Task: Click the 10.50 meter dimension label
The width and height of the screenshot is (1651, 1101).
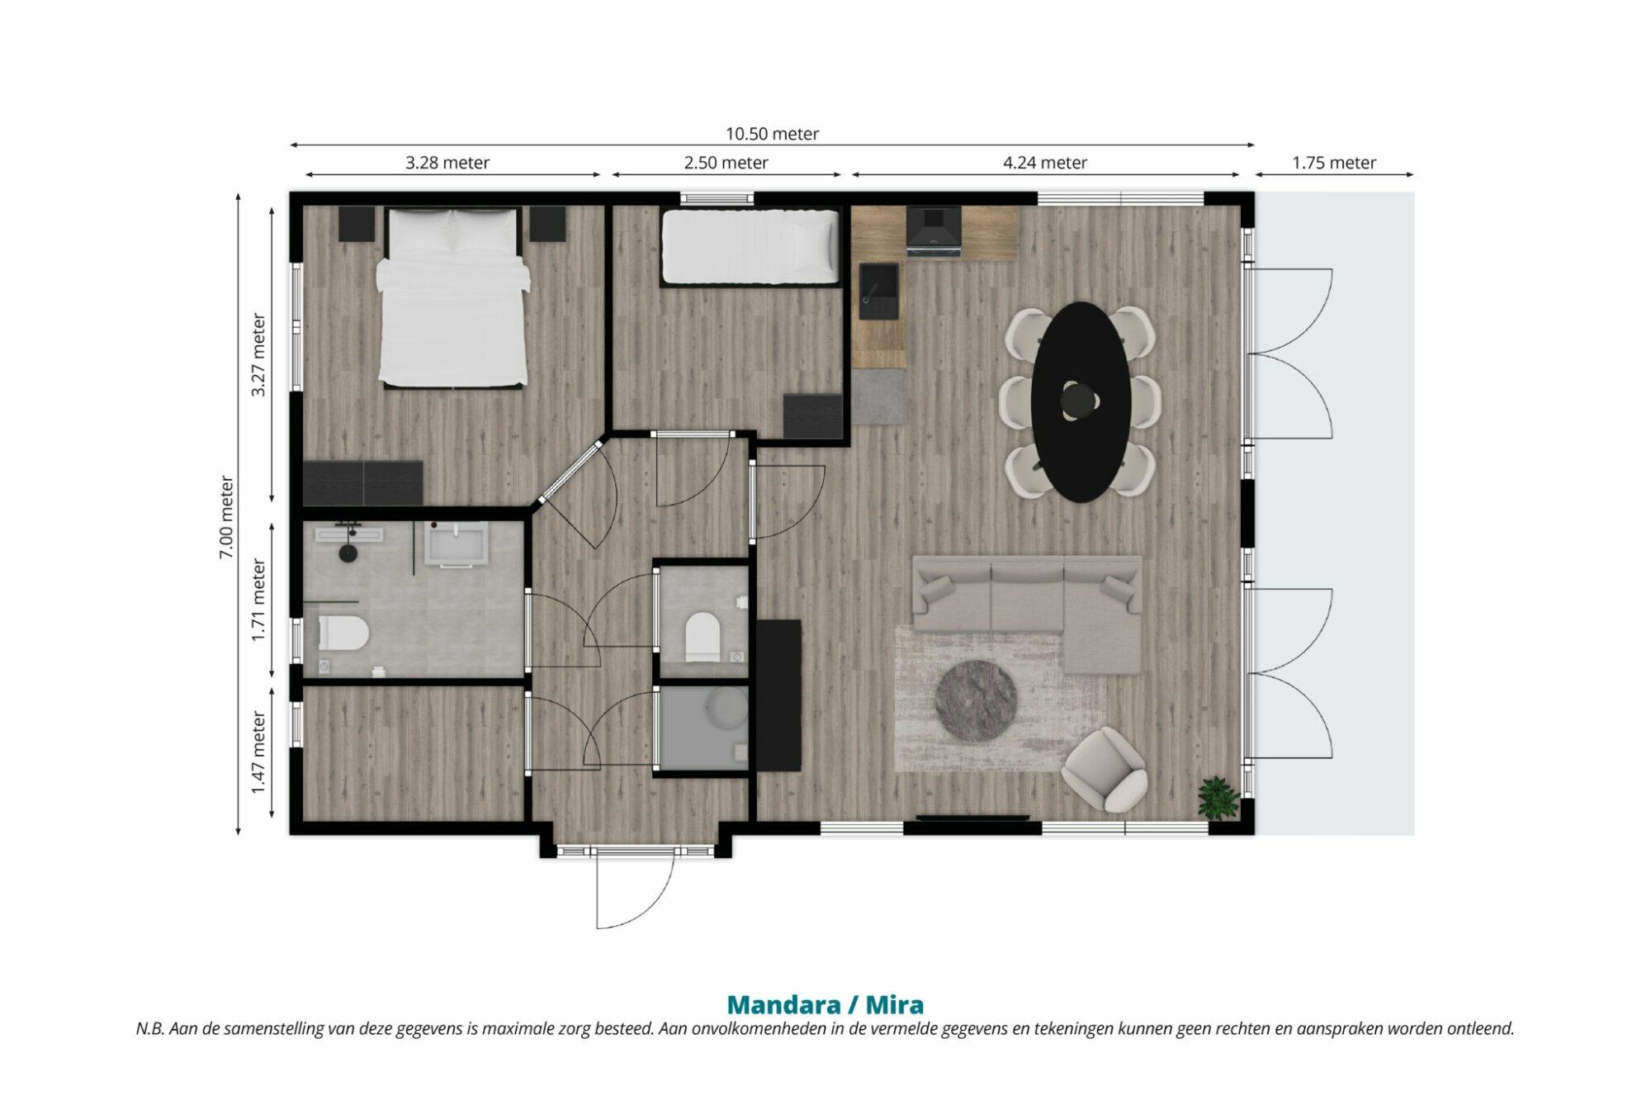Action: click(x=772, y=134)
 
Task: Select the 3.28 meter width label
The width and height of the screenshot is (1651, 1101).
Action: click(x=447, y=163)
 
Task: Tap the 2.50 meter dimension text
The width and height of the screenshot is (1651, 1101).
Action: click(x=726, y=163)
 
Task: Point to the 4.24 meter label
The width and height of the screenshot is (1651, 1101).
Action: click(x=1045, y=163)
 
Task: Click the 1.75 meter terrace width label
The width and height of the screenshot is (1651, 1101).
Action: click(x=1334, y=163)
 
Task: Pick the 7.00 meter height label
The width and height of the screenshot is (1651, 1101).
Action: click(x=226, y=517)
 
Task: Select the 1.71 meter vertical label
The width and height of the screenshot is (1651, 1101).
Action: click(x=258, y=600)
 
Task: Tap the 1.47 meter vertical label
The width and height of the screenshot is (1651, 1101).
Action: click(x=258, y=752)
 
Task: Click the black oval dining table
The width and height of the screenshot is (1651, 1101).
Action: click(x=1081, y=402)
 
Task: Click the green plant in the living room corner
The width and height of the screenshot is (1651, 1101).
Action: click(x=1218, y=797)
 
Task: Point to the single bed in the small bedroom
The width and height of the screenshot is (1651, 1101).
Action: click(x=750, y=246)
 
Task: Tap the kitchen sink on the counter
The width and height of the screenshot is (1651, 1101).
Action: click(x=879, y=291)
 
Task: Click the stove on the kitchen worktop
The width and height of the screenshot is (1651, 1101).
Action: click(x=934, y=230)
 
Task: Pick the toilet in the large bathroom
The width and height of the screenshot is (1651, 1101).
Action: click(x=343, y=634)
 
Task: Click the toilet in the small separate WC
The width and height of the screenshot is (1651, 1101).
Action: click(x=703, y=636)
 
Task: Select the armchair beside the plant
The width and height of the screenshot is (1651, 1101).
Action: click(x=1105, y=769)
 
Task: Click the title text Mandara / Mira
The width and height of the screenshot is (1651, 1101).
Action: click(x=825, y=1004)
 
